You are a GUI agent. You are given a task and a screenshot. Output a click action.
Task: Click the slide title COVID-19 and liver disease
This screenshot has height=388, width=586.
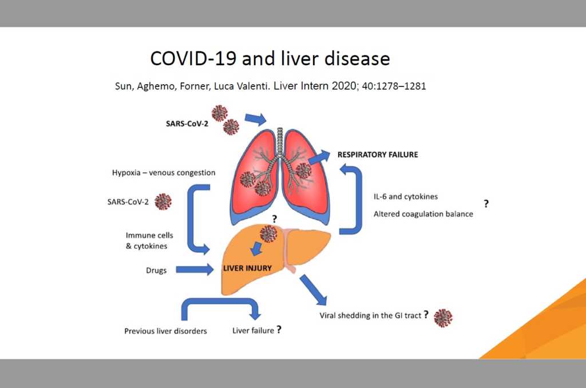(x=270, y=59)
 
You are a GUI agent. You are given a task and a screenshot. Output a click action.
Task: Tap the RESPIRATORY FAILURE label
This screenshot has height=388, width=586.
(x=378, y=155)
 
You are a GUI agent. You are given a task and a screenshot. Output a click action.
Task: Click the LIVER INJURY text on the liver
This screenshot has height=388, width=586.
(x=247, y=268)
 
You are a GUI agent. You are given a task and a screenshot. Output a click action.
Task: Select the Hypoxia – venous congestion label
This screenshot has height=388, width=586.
(x=164, y=173)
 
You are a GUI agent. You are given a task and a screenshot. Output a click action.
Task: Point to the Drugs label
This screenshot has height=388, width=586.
(x=156, y=270)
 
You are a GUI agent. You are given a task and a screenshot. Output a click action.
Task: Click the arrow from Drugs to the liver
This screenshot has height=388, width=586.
(x=195, y=269)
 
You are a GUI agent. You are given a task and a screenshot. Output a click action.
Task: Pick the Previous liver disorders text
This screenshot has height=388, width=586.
(x=165, y=331)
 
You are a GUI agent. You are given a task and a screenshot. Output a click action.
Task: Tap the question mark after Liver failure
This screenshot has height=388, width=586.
(x=279, y=329)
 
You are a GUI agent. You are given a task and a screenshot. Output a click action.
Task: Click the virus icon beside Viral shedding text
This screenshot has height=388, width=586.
(x=443, y=318)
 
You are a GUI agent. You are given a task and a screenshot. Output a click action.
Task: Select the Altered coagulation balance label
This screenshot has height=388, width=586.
(x=423, y=214)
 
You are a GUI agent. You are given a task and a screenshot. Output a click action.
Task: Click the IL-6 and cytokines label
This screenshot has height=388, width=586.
(x=406, y=196)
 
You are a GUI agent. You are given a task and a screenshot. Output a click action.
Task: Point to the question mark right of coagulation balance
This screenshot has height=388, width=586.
(x=486, y=204)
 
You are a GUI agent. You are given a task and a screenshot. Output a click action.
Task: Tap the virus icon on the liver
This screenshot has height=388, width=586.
(x=268, y=234)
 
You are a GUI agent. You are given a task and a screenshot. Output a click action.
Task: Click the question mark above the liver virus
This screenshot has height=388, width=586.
(x=274, y=219)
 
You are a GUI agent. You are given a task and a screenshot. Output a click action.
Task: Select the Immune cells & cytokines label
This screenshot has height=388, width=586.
(x=149, y=241)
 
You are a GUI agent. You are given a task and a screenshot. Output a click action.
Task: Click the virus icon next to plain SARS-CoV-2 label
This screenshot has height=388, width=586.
(x=163, y=202)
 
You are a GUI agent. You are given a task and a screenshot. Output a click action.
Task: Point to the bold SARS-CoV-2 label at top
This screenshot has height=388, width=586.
(x=187, y=124)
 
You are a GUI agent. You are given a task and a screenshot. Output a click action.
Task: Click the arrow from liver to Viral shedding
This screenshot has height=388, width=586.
(x=313, y=290)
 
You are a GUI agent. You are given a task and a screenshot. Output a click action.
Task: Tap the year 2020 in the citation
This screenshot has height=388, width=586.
(x=344, y=86)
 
